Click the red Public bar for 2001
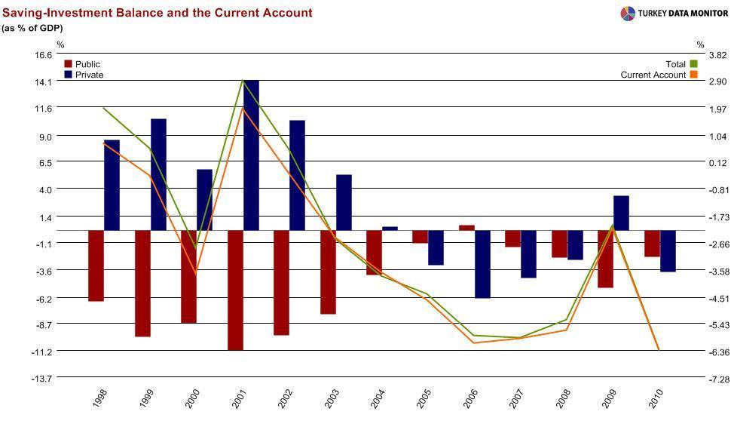(235, 290)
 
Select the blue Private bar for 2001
(251, 155)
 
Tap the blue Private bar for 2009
(621, 213)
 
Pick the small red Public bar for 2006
(467, 227)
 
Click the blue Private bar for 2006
(482, 264)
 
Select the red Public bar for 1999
(142, 283)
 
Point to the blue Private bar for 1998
(112, 185)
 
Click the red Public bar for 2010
(652, 244)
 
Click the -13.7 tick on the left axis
(42, 379)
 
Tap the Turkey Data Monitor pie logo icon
(628, 13)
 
